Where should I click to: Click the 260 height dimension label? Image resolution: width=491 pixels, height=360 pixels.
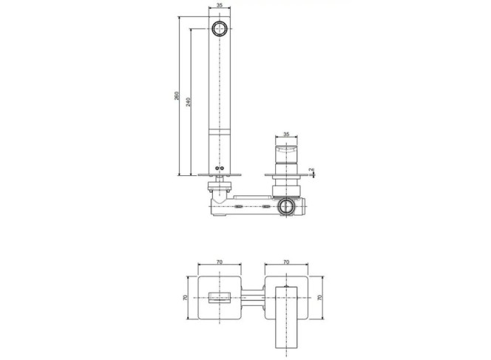[177, 96]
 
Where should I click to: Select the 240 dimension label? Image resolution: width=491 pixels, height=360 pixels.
[189, 102]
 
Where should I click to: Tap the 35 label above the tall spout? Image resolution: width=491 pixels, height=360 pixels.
[219, 5]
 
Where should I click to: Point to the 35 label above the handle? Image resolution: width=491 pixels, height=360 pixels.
[286, 135]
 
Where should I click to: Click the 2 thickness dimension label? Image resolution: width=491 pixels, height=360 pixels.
[311, 170]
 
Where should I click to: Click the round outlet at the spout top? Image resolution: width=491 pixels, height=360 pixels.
[220, 29]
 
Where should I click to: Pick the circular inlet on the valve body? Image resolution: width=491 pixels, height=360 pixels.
[285, 206]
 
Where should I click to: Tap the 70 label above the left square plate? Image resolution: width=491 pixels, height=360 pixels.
[220, 262]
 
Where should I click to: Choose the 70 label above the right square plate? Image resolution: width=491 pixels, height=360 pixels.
[286, 262]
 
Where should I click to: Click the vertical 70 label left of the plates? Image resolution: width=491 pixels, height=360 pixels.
[185, 298]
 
